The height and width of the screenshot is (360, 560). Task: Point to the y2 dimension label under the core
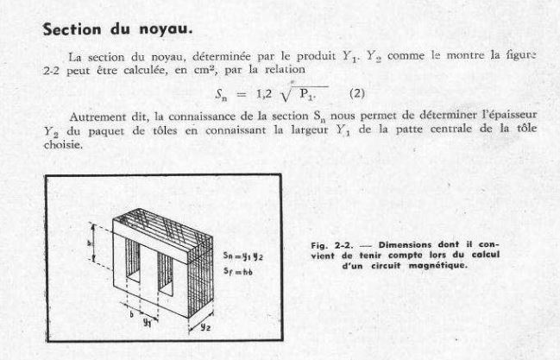[205, 329]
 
